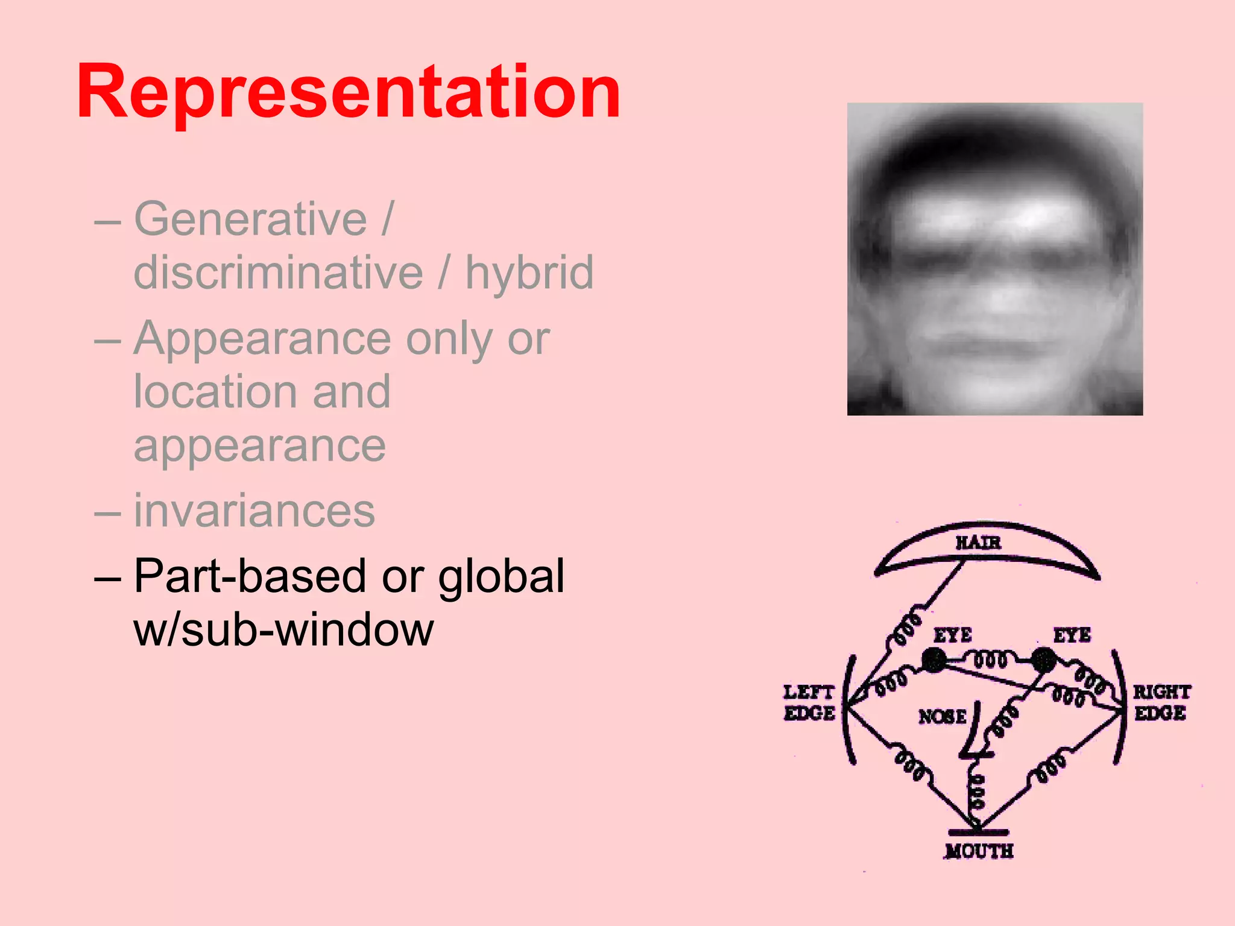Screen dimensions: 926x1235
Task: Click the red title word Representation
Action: click(349, 92)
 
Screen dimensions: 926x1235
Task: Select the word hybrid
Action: click(529, 272)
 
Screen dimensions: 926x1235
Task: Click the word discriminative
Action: click(279, 272)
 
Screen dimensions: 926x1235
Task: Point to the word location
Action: click(214, 391)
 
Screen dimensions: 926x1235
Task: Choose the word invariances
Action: click(254, 511)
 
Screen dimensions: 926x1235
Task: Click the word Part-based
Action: click(250, 576)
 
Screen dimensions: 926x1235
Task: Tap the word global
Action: click(501, 576)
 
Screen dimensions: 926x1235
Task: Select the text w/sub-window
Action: click(283, 629)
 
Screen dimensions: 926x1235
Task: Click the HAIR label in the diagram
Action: click(978, 543)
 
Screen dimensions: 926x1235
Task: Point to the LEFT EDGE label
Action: click(809, 703)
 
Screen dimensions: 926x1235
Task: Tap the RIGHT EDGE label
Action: click(1161, 703)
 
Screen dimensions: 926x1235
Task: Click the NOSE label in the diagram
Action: click(942, 717)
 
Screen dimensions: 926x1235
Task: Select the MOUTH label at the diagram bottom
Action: click(979, 851)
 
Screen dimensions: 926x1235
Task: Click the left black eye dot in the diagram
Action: click(934, 660)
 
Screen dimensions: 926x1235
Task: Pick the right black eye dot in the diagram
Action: click(1043, 660)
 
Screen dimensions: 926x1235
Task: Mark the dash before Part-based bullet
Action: click(107, 577)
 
